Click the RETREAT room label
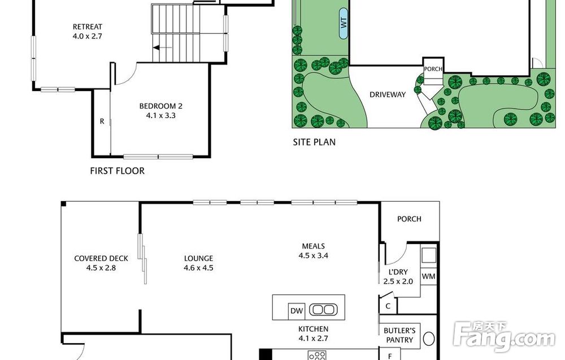(x=87, y=27)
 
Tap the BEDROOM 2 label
(x=160, y=106)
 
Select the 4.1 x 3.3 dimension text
(x=160, y=116)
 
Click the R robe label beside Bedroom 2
(x=102, y=122)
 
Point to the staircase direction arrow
(x=162, y=47)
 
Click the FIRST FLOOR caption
(x=117, y=171)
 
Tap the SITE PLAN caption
(x=314, y=142)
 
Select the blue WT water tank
(x=344, y=23)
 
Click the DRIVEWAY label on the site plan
(x=388, y=94)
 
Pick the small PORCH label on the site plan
(x=433, y=69)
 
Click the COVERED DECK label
(x=101, y=258)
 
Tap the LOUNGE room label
(x=198, y=258)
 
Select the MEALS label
(x=314, y=246)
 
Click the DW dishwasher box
(x=297, y=311)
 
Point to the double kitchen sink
(x=323, y=310)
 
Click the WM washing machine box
(x=428, y=276)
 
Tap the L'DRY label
(x=398, y=272)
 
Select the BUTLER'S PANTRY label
(x=399, y=335)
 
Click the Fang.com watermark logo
(x=504, y=337)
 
